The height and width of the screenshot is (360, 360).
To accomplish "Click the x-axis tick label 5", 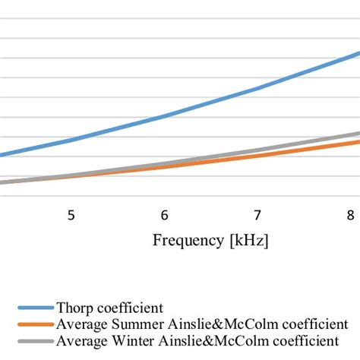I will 71,215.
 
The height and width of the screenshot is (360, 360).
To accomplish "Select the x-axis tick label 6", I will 164,215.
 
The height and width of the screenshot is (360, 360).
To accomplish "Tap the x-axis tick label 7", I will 257,215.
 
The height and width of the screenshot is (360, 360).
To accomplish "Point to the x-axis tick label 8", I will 350,215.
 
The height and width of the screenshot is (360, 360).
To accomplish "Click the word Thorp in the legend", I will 74,308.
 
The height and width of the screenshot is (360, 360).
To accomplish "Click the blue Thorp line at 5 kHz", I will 71,141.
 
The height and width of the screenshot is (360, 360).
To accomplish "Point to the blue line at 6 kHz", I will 164,117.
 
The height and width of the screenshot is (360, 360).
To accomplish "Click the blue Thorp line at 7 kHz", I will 257,90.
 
